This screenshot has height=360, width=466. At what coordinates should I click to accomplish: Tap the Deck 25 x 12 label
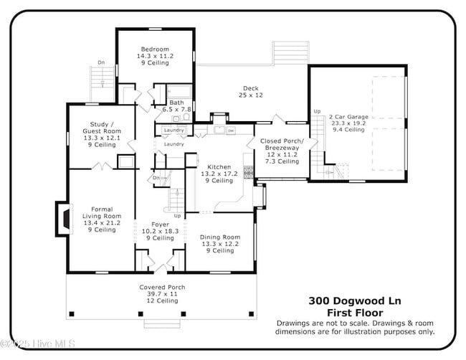tap(250, 92)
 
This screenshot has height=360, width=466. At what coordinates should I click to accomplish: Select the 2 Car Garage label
tap(348, 116)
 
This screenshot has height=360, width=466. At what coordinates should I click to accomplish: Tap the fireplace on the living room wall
tap(63, 219)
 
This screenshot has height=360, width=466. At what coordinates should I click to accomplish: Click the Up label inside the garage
tap(317, 112)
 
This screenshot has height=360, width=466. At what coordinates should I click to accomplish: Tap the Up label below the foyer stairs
tap(177, 215)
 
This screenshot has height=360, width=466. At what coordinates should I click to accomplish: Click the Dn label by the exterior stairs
tap(100, 62)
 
